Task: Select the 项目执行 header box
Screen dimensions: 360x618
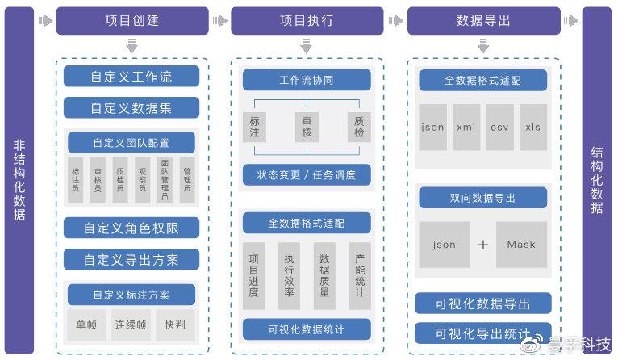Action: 306,21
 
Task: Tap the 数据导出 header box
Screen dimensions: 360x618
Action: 482,21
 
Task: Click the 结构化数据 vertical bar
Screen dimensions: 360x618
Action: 597,181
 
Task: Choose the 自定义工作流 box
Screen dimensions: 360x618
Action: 132,77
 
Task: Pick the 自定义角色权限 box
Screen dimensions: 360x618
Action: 132,228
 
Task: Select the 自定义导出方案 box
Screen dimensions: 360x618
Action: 132,259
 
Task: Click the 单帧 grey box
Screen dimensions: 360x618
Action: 86,325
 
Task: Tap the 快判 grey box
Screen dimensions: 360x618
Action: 175,325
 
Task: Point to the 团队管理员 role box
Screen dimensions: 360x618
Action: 165,180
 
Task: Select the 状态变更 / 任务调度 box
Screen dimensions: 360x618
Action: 307,175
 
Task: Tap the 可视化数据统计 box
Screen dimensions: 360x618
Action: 307,329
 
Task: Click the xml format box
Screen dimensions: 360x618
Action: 466,127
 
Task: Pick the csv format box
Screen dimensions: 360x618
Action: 500,127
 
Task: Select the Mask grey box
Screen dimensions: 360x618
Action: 521,245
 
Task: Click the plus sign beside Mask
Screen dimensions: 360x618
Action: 482,245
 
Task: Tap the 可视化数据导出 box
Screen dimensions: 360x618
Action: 482,303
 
